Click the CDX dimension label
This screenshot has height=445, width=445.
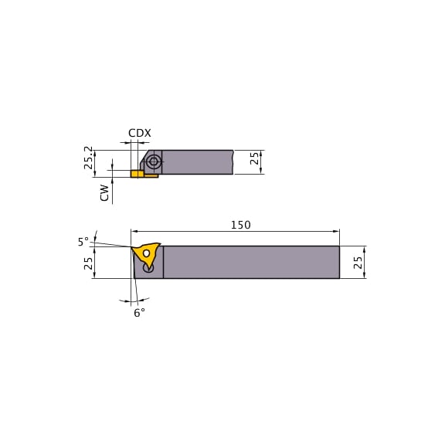point(139,133)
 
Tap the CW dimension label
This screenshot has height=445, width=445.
point(104,192)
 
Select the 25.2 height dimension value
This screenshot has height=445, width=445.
point(89,158)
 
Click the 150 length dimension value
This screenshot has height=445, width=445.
point(240,225)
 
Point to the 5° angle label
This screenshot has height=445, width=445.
point(83,242)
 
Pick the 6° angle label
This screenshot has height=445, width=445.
point(139,313)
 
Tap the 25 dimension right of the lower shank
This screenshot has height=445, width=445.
point(358,262)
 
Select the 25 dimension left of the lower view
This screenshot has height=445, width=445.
point(89,263)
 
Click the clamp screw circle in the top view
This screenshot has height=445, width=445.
point(154,161)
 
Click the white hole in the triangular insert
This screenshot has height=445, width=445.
point(146,253)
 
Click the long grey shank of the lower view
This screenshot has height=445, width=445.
point(251,262)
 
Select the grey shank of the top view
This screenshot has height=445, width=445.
point(197,162)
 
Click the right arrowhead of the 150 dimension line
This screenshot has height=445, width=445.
point(336,231)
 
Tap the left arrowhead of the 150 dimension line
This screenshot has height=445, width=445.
point(134,231)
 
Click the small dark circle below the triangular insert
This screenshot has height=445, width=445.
point(149,268)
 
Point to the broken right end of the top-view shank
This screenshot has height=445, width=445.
point(233,162)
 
